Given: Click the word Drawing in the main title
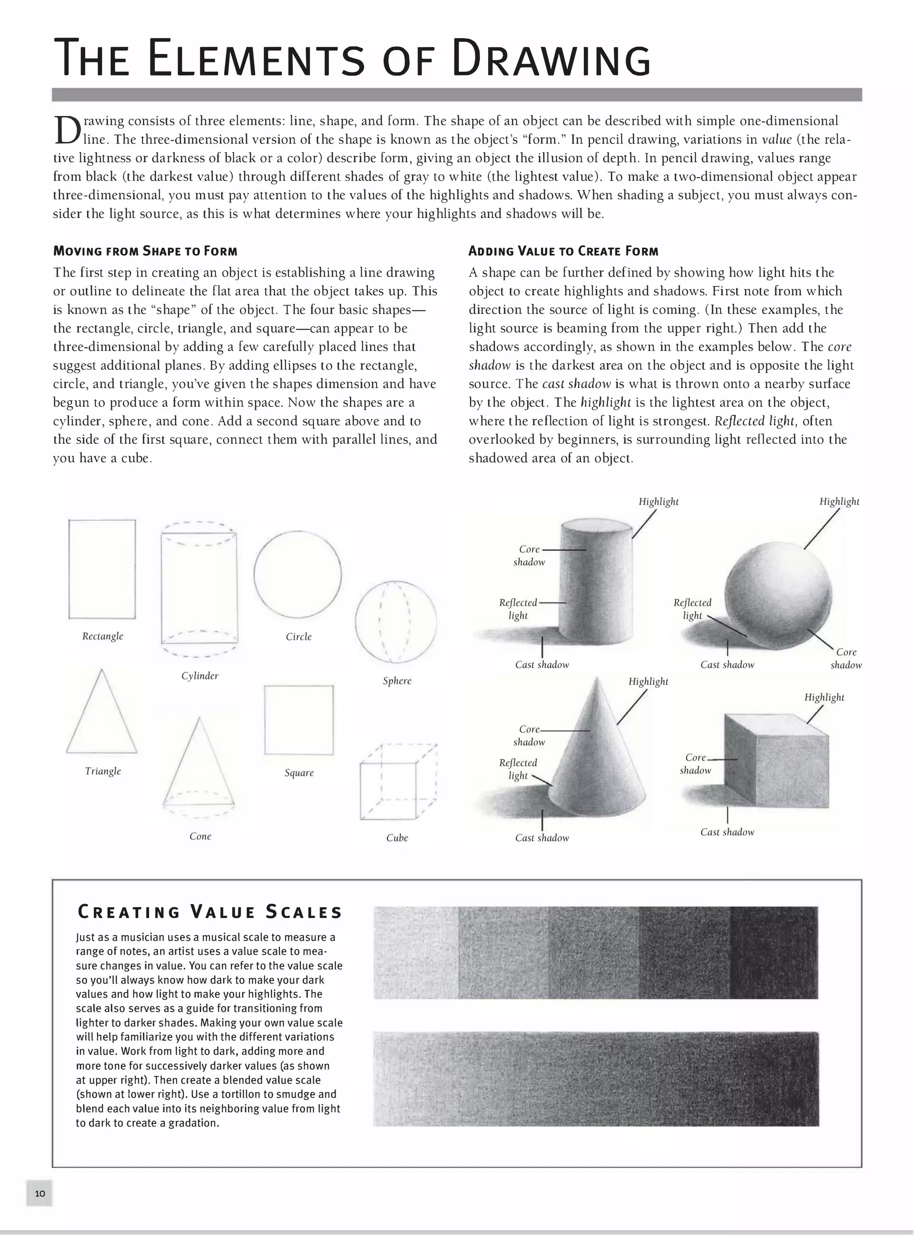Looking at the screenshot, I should pyautogui.click(x=551, y=58).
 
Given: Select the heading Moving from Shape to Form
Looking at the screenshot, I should pyautogui.click(x=145, y=251).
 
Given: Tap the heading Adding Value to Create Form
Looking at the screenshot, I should pyautogui.click(x=563, y=251).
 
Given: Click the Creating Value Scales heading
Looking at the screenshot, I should pyautogui.click(x=210, y=912).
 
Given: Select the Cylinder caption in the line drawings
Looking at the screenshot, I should pyautogui.click(x=200, y=676).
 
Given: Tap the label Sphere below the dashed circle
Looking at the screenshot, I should pyautogui.click(x=397, y=681).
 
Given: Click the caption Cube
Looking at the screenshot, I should pyautogui.click(x=397, y=838).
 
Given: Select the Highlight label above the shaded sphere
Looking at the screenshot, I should pyautogui.click(x=839, y=502).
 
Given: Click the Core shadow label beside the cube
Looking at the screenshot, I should pyautogui.click(x=695, y=764).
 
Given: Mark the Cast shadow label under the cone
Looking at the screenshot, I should pyautogui.click(x=542, y=838).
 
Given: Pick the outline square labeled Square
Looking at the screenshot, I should pyautogui.click(x=299, y=720).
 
